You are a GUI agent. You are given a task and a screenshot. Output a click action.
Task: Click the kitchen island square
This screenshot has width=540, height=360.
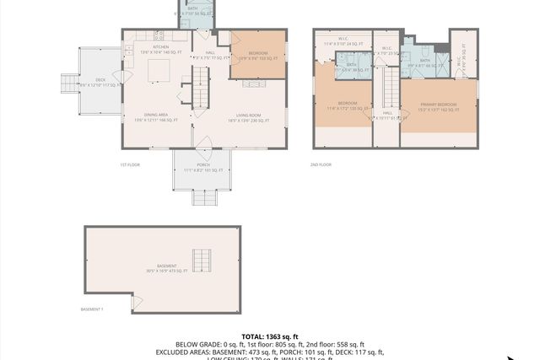click(x=158, y=71)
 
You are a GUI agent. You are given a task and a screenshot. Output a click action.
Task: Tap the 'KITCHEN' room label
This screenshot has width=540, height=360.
click(x=160, y=47)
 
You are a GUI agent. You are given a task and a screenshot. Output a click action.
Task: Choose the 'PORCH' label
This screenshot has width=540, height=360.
click(x=203, y=164)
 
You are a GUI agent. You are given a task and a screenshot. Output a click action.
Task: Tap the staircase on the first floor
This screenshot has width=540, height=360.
click(x=200, y=84)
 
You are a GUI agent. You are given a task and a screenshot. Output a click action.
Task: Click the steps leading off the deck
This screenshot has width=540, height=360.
click(x=68, y=83)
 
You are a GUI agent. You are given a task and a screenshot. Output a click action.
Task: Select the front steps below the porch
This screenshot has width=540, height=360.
click(x=203, y=197)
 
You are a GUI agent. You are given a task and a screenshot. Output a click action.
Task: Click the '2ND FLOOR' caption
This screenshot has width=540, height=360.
click(x=321, y=164)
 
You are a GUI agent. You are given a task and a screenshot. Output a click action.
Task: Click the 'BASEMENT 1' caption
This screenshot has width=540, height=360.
click(x=92, y=309)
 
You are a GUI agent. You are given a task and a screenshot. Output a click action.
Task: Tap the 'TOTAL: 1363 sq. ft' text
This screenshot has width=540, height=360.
click(x=270, y=336)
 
